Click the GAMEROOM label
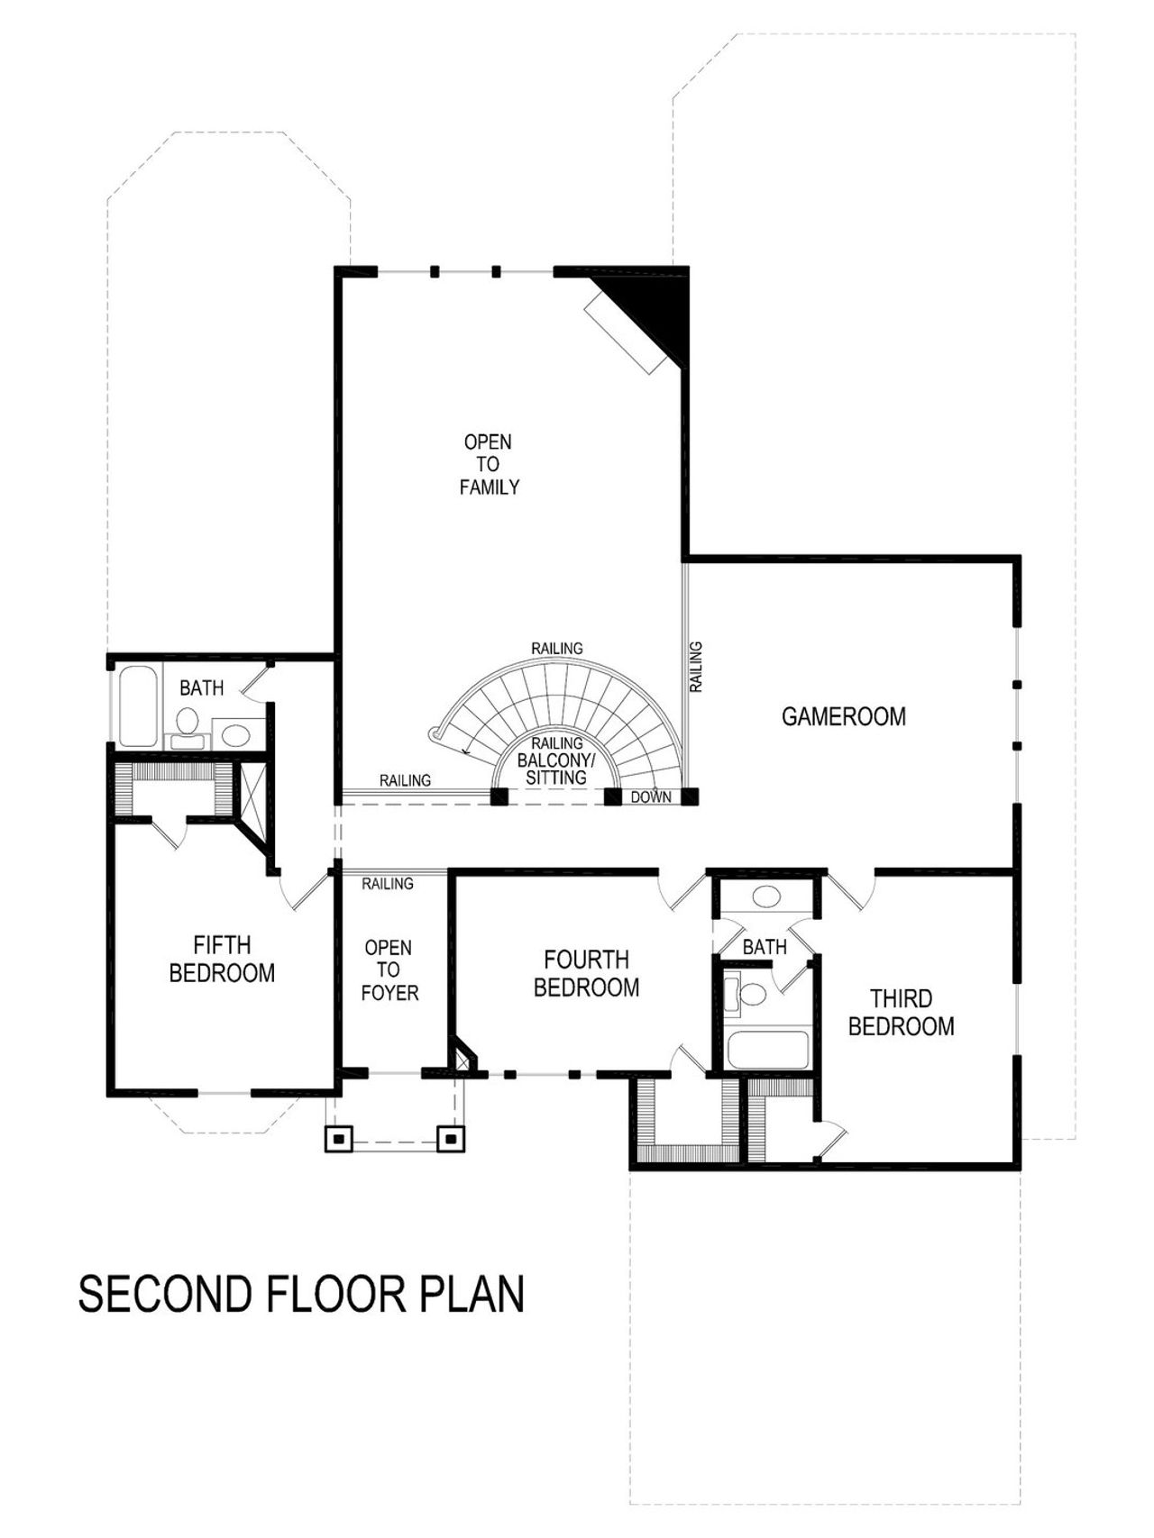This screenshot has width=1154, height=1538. pyautogui.click(x=843, y=716)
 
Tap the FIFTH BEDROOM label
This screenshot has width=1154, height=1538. pyautogui.click(x=222, y=959)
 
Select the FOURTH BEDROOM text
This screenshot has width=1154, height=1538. pyautogui.click(x=586, y=973)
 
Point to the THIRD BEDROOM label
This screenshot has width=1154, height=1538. pyautogui.click(x=901, y=1012)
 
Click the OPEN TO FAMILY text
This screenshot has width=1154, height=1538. pyautogui.click(x=489, y=465)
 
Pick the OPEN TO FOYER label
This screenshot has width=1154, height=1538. pyautogui.click(x=389, y=970)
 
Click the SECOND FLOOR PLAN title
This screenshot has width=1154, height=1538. pyautogui.click(x=301, y=1294)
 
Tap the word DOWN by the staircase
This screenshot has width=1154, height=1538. pyautogui.click(x=650, y=797)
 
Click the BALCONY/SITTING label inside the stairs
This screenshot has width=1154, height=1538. pyautogui.click(x=556, y=769)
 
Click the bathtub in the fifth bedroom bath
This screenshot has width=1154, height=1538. pyautogui.click(x=138, y=706)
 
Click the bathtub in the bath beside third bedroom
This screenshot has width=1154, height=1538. pyautogui.click(x=768, y=1050)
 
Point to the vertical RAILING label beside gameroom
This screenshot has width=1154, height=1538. pyautogui.click(x=696, y=667)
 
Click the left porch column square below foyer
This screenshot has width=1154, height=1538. pyautogui.click(x=338, y=1139)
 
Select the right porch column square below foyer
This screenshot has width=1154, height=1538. pyautogui.click(x=451, y=1139)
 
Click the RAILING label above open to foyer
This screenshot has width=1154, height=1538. pyautogui.click(x=388, y=884)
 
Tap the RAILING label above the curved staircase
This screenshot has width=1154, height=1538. pyautogui.click(x=556, y=649)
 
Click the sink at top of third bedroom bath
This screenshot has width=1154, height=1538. pyautogui.click(x=766, y=896)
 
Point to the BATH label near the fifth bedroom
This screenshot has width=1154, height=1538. pyautogui.click(x=201, y=688)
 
